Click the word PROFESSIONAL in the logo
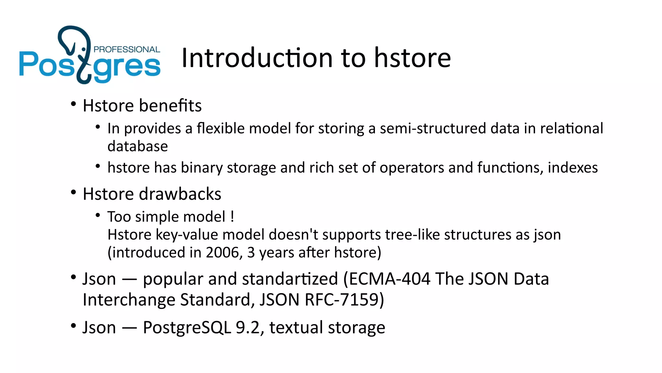(x=127, y=50)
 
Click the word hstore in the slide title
(x=412, y=58)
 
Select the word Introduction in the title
(x=257, y=58)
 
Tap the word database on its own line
(x=138, y=146)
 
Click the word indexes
(x=573, y=168)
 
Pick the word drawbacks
(x=180, y=194)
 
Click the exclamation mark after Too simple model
(x=232, y=217)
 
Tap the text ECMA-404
(x=389, y=279)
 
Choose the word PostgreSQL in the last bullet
(x=187, y=327)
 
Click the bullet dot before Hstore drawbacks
(x=73, y=193)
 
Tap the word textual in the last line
(x=296, y=327)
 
